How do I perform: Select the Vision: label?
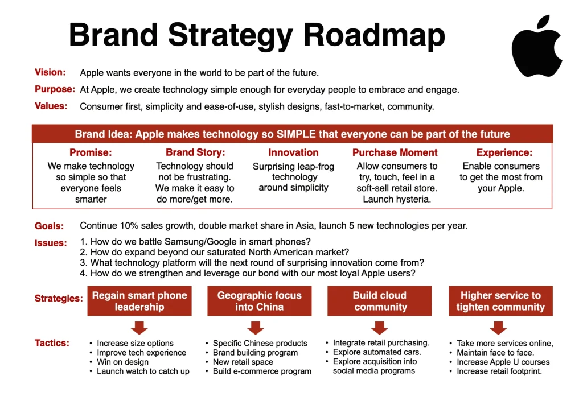coord(50,72)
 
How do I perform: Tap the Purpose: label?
coord(55,89)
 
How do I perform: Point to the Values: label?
coord(51,106)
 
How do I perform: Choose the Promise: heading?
coord(91,152)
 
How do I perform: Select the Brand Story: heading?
coord(195,152)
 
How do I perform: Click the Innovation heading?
coord(293,152)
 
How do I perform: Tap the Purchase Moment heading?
coord(395,152)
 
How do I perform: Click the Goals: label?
coord(50,226)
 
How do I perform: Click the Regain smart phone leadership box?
coord(139,301)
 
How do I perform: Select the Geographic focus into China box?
coord(259,301)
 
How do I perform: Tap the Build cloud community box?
coord(380,301)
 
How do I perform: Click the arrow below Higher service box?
coord(499,328)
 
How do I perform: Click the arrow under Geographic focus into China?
coord(256,328)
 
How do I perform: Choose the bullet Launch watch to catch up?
coord(143,371)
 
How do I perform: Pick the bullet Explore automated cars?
coord(377,352)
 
